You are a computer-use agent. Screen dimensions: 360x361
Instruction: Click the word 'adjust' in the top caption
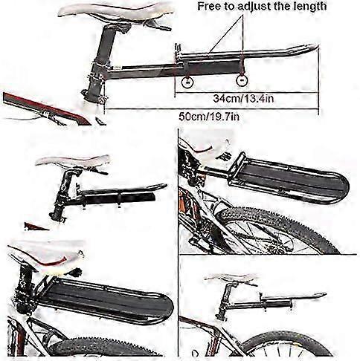(x=254, y=7)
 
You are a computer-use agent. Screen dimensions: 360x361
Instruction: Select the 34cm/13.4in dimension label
(x=243, y=98)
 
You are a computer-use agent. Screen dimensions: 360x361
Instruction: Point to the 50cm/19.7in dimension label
(x=209, y=116)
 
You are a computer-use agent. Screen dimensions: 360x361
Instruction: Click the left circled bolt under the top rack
(x=187, y=82)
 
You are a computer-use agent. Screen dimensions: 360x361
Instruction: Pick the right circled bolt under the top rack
(x=242, y=80)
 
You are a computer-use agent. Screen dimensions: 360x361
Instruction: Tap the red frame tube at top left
(x=47, y=108)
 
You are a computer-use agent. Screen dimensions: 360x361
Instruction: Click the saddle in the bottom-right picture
(x=232, y=278)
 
